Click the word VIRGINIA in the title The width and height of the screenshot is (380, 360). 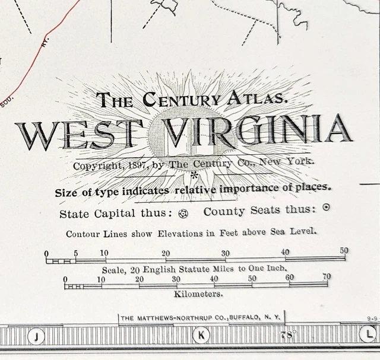point(257,131)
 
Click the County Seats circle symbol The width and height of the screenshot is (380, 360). point(325,208)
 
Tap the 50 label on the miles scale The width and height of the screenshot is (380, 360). point(344,251)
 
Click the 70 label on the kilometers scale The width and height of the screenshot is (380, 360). point(327,277)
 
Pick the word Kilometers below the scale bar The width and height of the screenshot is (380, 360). point(198,294)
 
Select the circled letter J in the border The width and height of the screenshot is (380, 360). point(37,336)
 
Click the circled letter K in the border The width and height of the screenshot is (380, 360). point(201,335)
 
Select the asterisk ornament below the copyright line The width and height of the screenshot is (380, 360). point(194,176)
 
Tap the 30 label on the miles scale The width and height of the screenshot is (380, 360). point(226,253)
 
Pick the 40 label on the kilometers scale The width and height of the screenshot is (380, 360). point(214,279)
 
